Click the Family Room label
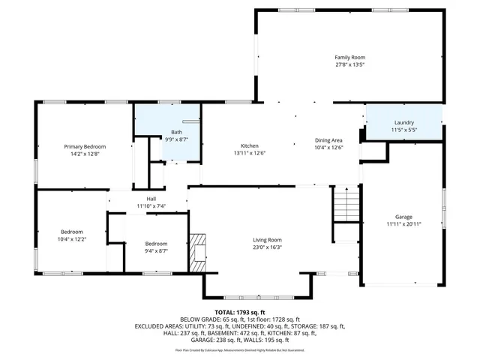[x=349, y=57]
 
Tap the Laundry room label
[x=404, y=123]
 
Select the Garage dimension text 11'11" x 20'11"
[x=404, y=223]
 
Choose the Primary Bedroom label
[x=85, y=146]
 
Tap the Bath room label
[x=176, y=132]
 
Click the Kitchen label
[x=249, y=145]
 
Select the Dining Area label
[x=328, y=140]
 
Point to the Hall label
[x=151, y=199]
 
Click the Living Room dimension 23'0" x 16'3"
[x=267, y=247]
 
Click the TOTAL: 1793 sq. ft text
[x=240, y=312]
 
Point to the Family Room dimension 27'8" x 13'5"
[x=349, y=64]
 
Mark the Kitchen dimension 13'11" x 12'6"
[x=249, y=153]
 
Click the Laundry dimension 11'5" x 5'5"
[x=404, y=130]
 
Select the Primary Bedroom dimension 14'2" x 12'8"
[x=85, y=154]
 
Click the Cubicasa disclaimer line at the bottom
[x=240, y=349]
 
